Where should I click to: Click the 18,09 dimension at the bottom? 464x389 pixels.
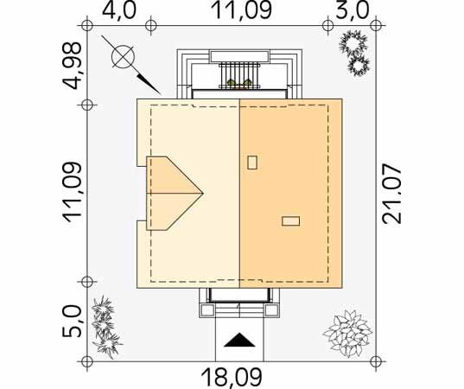(x=232, y=378)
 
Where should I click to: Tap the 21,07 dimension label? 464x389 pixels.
(x=391, y=194)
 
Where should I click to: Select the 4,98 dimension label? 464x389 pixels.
(x=72, y=66)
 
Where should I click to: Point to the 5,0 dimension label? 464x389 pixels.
(x=72, y=322)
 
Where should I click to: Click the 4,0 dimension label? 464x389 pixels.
(x=119, y=10)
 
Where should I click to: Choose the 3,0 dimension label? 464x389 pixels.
(x=353, y=10)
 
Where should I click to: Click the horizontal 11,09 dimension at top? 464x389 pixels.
(x=242, y=10)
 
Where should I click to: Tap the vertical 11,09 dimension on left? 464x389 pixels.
(x=72, y=193)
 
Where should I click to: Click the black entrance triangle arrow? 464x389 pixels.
(x=239, y=340)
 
